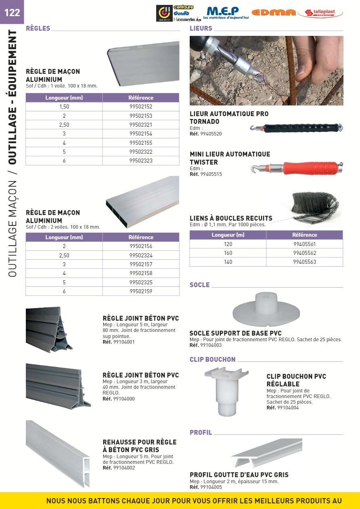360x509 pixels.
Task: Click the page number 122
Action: click(12, 13)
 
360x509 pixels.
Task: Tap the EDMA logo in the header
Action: click(274, 13)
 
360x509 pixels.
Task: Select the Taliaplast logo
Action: click(320, 13)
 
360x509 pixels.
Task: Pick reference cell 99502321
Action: click(141, 125)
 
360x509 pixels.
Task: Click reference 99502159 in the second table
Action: click(141, 291)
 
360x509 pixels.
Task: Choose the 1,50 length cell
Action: click(64, 107)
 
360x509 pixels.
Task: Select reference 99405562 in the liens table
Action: click(305, 253)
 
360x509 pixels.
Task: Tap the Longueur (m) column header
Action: click(228, 235)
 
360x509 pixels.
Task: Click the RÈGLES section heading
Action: click(38, 28)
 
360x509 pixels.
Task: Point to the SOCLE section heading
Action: click(200, 285)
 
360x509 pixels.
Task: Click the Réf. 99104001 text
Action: click(119, 342)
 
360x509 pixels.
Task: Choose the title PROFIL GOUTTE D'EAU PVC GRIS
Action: click(239, 475)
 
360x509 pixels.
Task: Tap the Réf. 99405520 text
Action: click(205, 134)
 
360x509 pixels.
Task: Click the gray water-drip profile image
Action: click(267, 452)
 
